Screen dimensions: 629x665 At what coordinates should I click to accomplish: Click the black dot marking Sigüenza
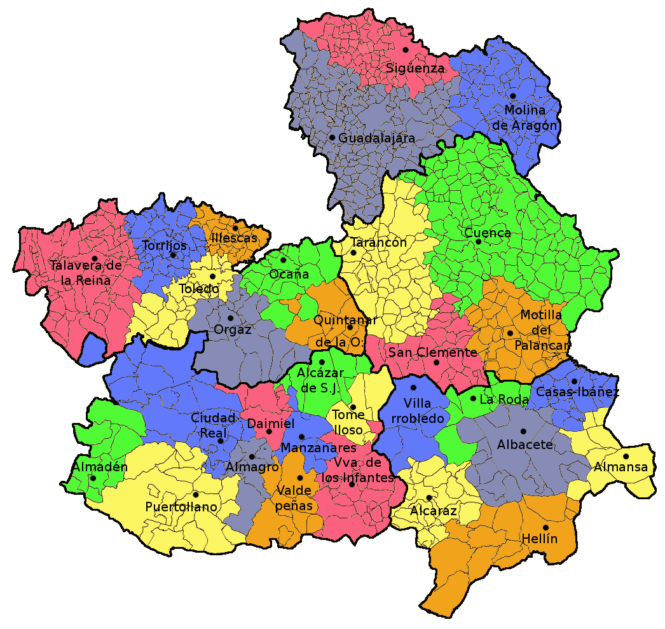[x=405, y=50]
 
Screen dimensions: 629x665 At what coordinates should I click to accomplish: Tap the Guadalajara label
[x=376, y=138]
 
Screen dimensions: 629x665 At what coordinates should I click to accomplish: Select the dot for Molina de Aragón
[x=513, y=96]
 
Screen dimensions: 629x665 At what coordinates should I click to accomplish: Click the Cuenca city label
[x=488, y=233]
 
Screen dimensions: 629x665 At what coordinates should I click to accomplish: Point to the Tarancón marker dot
[x=353, y=252]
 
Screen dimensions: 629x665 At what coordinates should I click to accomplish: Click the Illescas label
[x=235, y=238]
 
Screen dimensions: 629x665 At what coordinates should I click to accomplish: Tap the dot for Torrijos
[x=172, y=255]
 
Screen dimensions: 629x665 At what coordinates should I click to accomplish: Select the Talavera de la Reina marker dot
[x=94, y=258]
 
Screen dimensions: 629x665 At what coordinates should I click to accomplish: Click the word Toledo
[x=198, y=289]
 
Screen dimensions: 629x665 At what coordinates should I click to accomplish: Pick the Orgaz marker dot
[x=231, y=318]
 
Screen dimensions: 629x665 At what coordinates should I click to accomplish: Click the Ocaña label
[x=289, y=275]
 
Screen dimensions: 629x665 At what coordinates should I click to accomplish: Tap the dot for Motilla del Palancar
[x=510, y=333]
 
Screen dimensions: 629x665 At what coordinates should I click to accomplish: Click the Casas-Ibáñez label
[x=577, y=392]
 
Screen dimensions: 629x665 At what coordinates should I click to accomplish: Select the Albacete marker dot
[x=523, y=431]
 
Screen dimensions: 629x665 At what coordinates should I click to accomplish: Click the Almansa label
[x=620, y=467]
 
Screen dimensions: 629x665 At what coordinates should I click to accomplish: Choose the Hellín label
[x=539, y=539]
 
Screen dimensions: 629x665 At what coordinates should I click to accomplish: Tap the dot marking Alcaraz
[x=429, y=497]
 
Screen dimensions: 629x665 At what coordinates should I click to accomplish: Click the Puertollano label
[x=181, y=507]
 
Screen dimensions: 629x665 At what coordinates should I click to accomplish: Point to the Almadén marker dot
[x=93, y=478]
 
